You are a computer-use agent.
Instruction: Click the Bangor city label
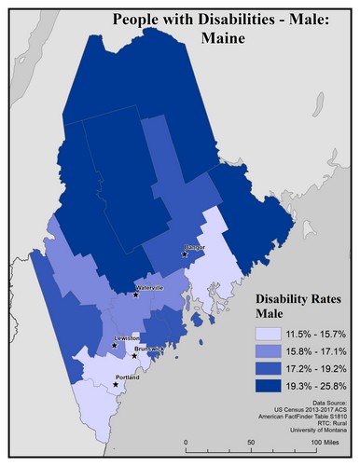195,247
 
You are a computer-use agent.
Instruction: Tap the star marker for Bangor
185,254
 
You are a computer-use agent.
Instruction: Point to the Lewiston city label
127,338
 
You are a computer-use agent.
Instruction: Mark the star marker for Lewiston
115,346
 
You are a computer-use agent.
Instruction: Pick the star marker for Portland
116,384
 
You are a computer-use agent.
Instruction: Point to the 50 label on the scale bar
250,441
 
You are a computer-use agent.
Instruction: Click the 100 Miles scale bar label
323,441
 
